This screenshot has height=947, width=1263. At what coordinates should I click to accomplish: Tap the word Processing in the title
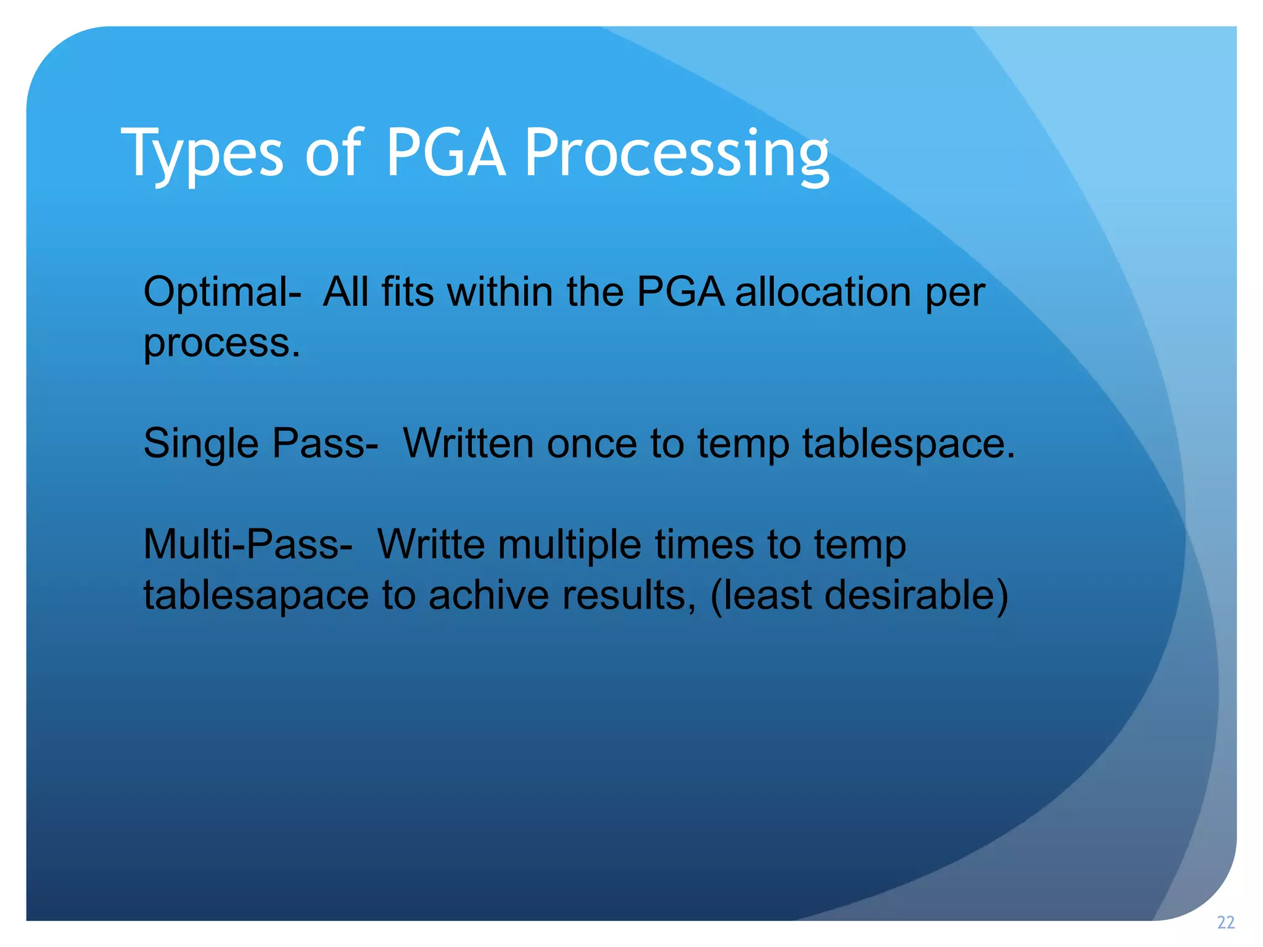tap(676, 154)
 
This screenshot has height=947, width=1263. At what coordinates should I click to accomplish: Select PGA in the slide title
tap(445, 153)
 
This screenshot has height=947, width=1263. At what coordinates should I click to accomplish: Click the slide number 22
tap(1225, 922)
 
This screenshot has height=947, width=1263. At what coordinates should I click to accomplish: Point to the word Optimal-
tap(223, 292)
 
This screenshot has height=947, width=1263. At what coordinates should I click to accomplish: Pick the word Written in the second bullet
tap(468, 443)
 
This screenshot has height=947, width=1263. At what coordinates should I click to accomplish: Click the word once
tap(591, 444)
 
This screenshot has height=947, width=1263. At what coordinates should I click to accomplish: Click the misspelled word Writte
tap(431, 545)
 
